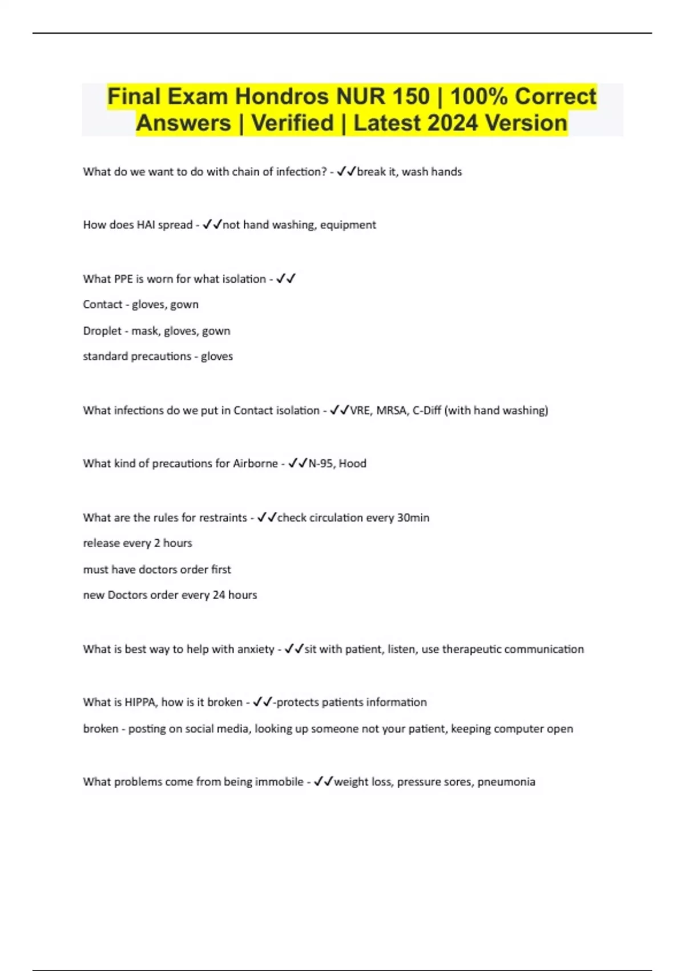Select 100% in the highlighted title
point(478,97)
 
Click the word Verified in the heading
point(292,123)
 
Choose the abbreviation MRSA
point(391,410)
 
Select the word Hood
point(352,463)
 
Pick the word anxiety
point(256,649)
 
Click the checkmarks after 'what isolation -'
point(285,279)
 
